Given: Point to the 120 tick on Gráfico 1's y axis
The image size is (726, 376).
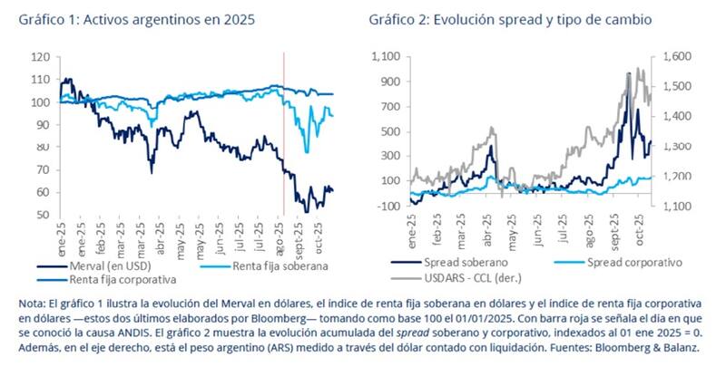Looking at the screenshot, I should (x=39, y=57).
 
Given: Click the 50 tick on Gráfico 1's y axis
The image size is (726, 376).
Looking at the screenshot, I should (x=42, y=216).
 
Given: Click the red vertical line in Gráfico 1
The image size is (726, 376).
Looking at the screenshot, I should (x=284, y=136).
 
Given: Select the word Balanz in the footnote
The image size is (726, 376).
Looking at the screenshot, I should (x=643, y=347).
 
